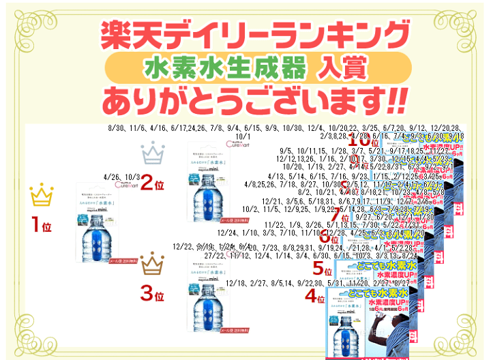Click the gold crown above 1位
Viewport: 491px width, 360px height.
pyautogui.click(x=42, y=196)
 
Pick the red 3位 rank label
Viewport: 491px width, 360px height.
pyautogui.click(x=152, y=295)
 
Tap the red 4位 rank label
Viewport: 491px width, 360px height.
pyautogui.click(x=315, y=297)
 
